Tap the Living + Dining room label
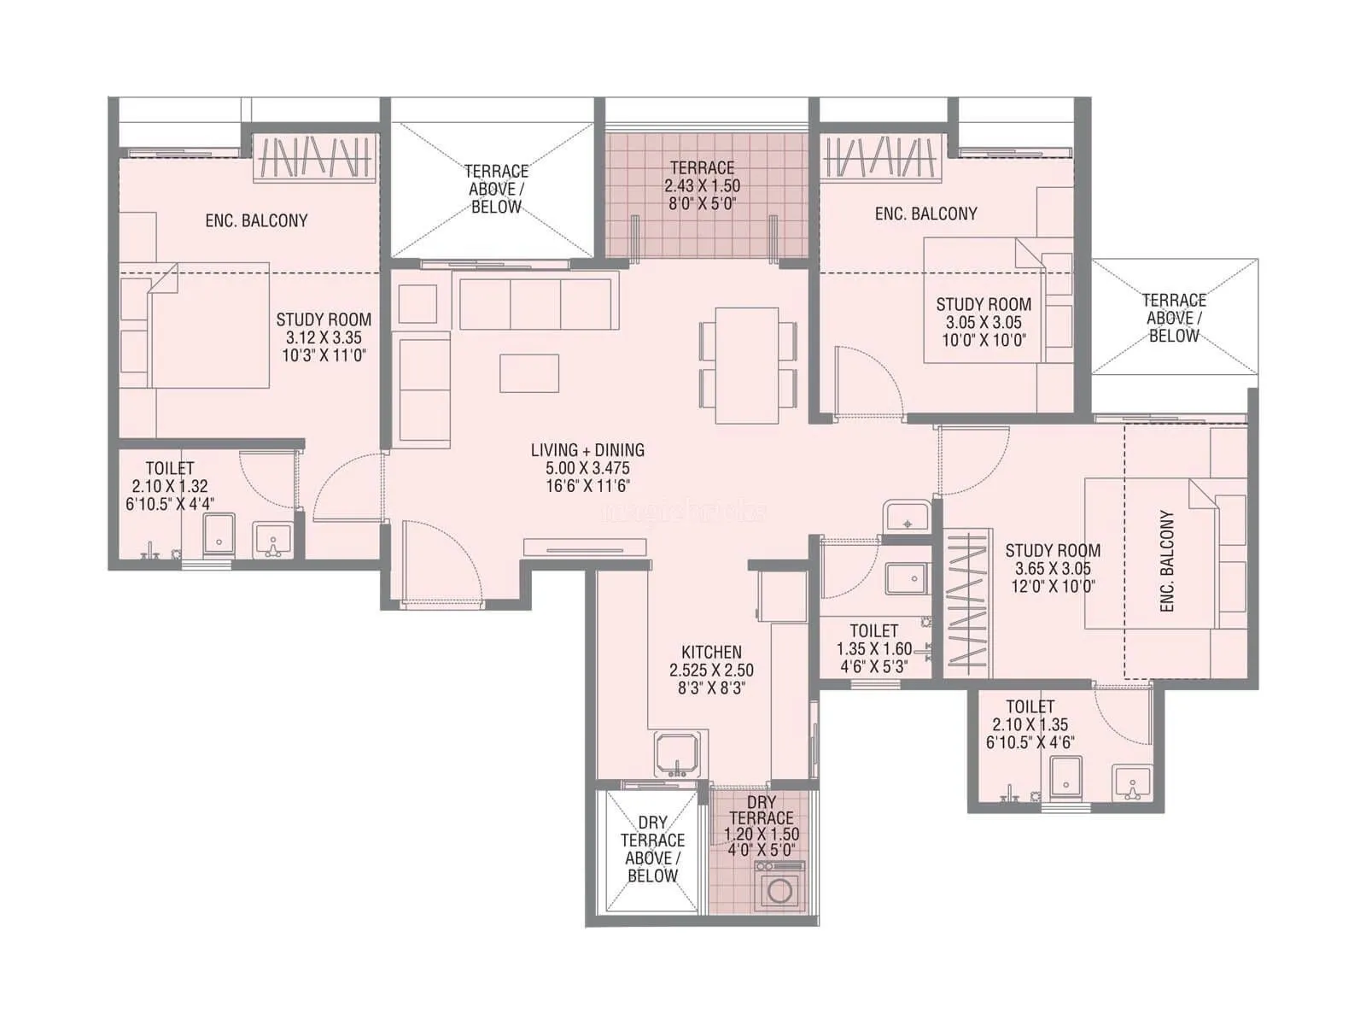point(587,450)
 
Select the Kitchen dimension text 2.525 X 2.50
point(711,671)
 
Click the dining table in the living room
point(747,366)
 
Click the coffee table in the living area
point(529,373)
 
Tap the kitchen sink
point(676,754)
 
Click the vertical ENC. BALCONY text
point(1167,561)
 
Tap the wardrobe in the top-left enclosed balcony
point(316,158)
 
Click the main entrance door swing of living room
point(440,564)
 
